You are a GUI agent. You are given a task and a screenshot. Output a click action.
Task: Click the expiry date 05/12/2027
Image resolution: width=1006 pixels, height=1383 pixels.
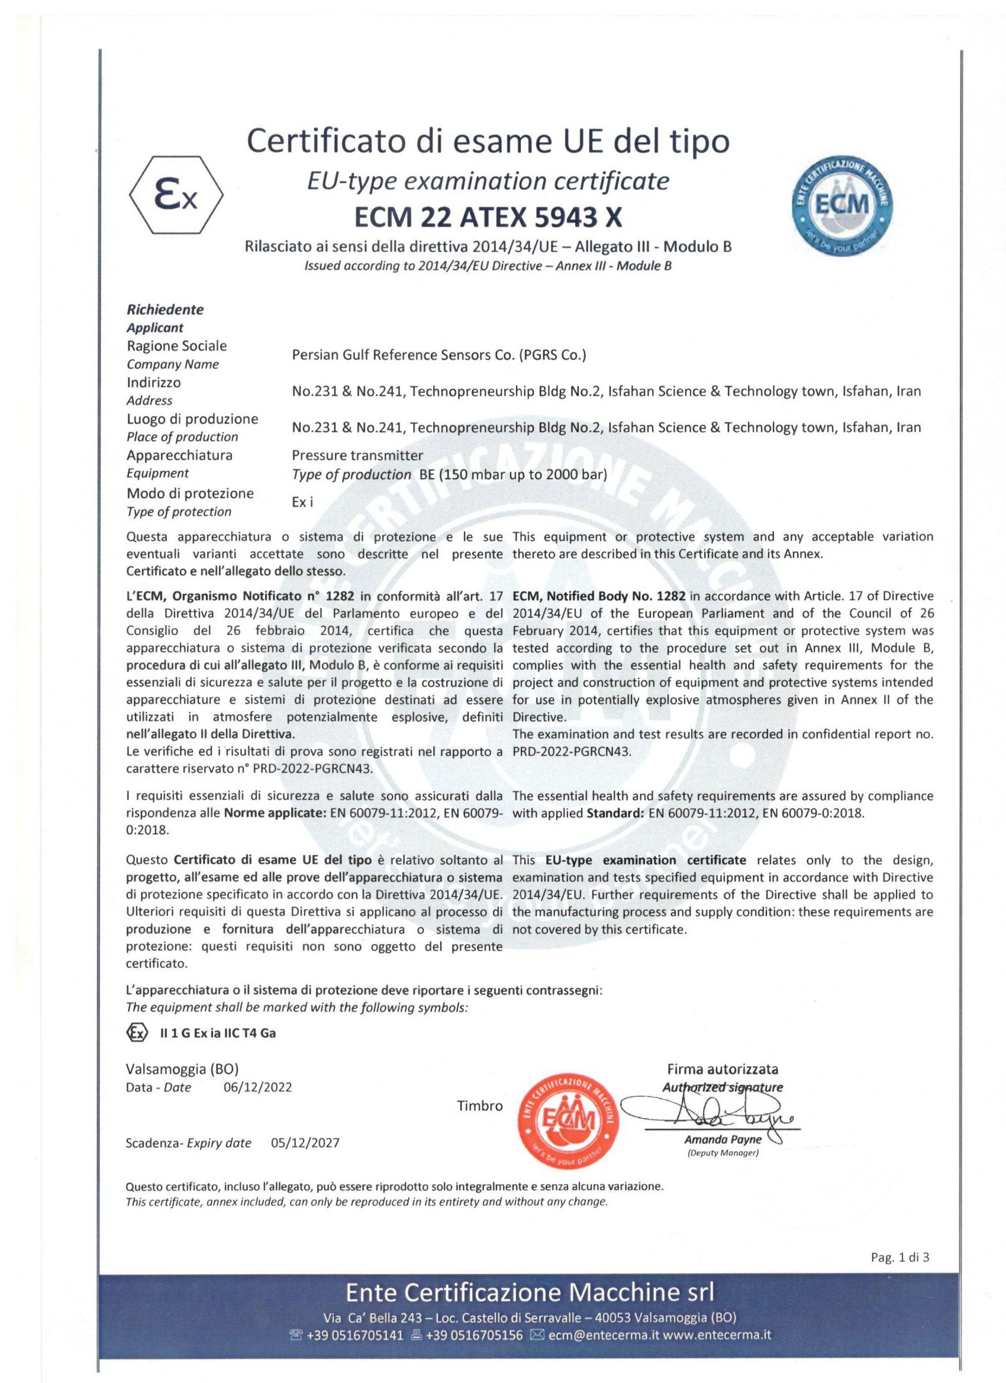coord(304,1143)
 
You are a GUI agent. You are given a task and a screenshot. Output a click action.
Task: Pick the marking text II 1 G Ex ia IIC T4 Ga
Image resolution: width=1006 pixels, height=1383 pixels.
coord(217,1033)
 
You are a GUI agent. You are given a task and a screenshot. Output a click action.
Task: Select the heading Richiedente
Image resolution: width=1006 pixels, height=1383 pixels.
coord(165,309)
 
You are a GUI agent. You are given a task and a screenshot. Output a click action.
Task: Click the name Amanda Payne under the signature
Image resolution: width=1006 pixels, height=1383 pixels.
coord(723,1140)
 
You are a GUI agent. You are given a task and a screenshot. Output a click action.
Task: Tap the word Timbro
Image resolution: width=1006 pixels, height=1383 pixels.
coord(480,1106)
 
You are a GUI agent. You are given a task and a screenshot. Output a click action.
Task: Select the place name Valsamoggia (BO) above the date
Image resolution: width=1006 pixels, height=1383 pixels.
coord(182,1068)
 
